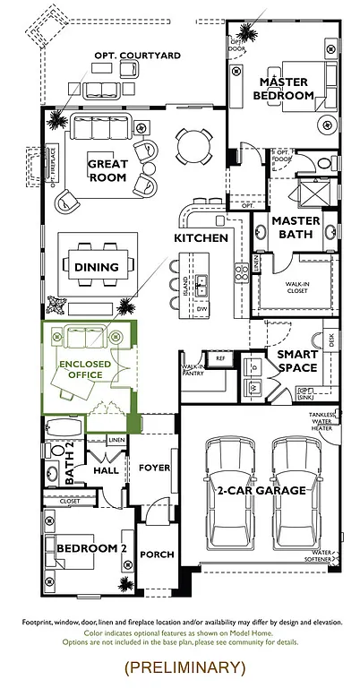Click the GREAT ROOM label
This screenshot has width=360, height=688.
(107, 170)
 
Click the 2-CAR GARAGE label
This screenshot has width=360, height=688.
(261, 490)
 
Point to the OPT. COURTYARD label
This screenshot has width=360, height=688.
(137, 56)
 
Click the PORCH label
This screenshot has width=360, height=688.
(157, 555)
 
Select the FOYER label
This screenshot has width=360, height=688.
(154, 466)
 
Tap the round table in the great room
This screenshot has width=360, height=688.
(193, 143)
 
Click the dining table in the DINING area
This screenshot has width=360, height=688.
(97, 267)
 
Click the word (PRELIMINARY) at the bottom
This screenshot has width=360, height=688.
(184, 666)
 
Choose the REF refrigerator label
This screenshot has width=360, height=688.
(220, 357)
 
